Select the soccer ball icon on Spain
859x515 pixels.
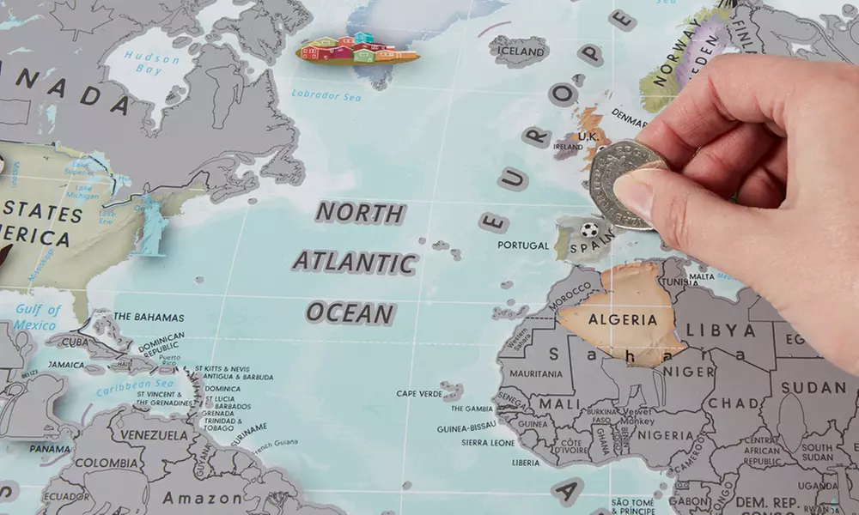[x=589, y=230]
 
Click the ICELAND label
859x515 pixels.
[x=520, y=51]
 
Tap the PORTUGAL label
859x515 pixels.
[x=522, y=245]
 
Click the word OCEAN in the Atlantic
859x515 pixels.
[x=350, y=312]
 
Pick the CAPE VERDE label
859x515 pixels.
[x=419, y=394]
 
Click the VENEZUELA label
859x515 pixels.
[x=154, y=435]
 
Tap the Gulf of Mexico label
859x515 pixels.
[x=37, y=317]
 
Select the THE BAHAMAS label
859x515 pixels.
[x=149, y=318]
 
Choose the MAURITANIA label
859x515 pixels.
[x=536, y=374]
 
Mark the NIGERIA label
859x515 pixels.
[x=684, y=435]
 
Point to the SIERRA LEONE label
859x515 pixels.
[x=487, y=443]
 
